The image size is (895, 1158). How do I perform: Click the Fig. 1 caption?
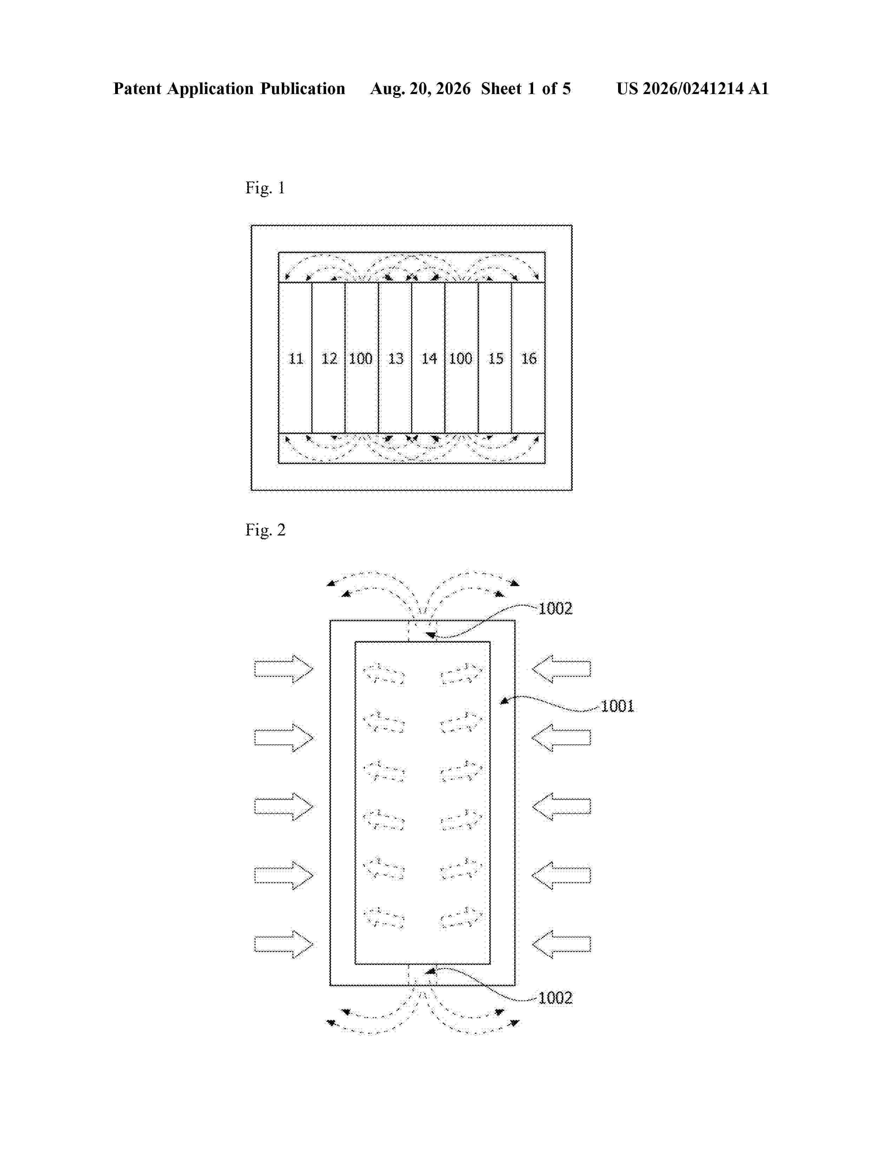pyautogui.click(x=265, y=188)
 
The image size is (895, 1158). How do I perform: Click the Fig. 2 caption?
pyautogui.click(x=265, y=530)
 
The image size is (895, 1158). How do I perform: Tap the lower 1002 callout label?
pyautogui.click(x=555, y=998)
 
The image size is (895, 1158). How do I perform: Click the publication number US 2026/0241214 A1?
pyautogui.click(x=692, y=88)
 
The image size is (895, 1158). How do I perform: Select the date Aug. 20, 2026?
pyautogui.click(x=420, y=88)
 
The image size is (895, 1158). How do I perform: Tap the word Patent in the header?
pyautogui.click(x=137, y=88)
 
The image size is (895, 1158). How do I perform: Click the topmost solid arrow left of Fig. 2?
pyautogui.click(x=284, y=669)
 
